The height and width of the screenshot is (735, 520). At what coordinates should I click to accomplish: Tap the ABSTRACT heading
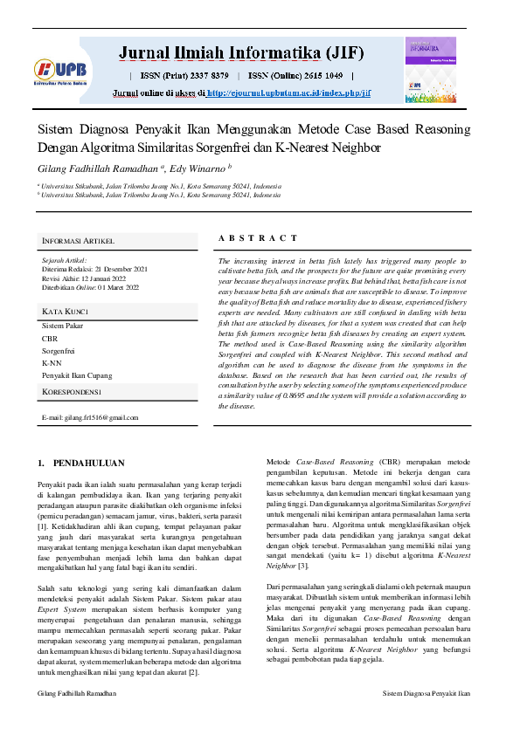point(257,237)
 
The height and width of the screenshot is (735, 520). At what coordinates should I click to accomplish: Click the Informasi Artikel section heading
point(78,241)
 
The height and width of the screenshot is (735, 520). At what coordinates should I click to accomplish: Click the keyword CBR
point(50,338)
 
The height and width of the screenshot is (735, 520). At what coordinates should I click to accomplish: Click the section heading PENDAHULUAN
point(88,463)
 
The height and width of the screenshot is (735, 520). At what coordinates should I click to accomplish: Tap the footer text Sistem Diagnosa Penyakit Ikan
point(426,718)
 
